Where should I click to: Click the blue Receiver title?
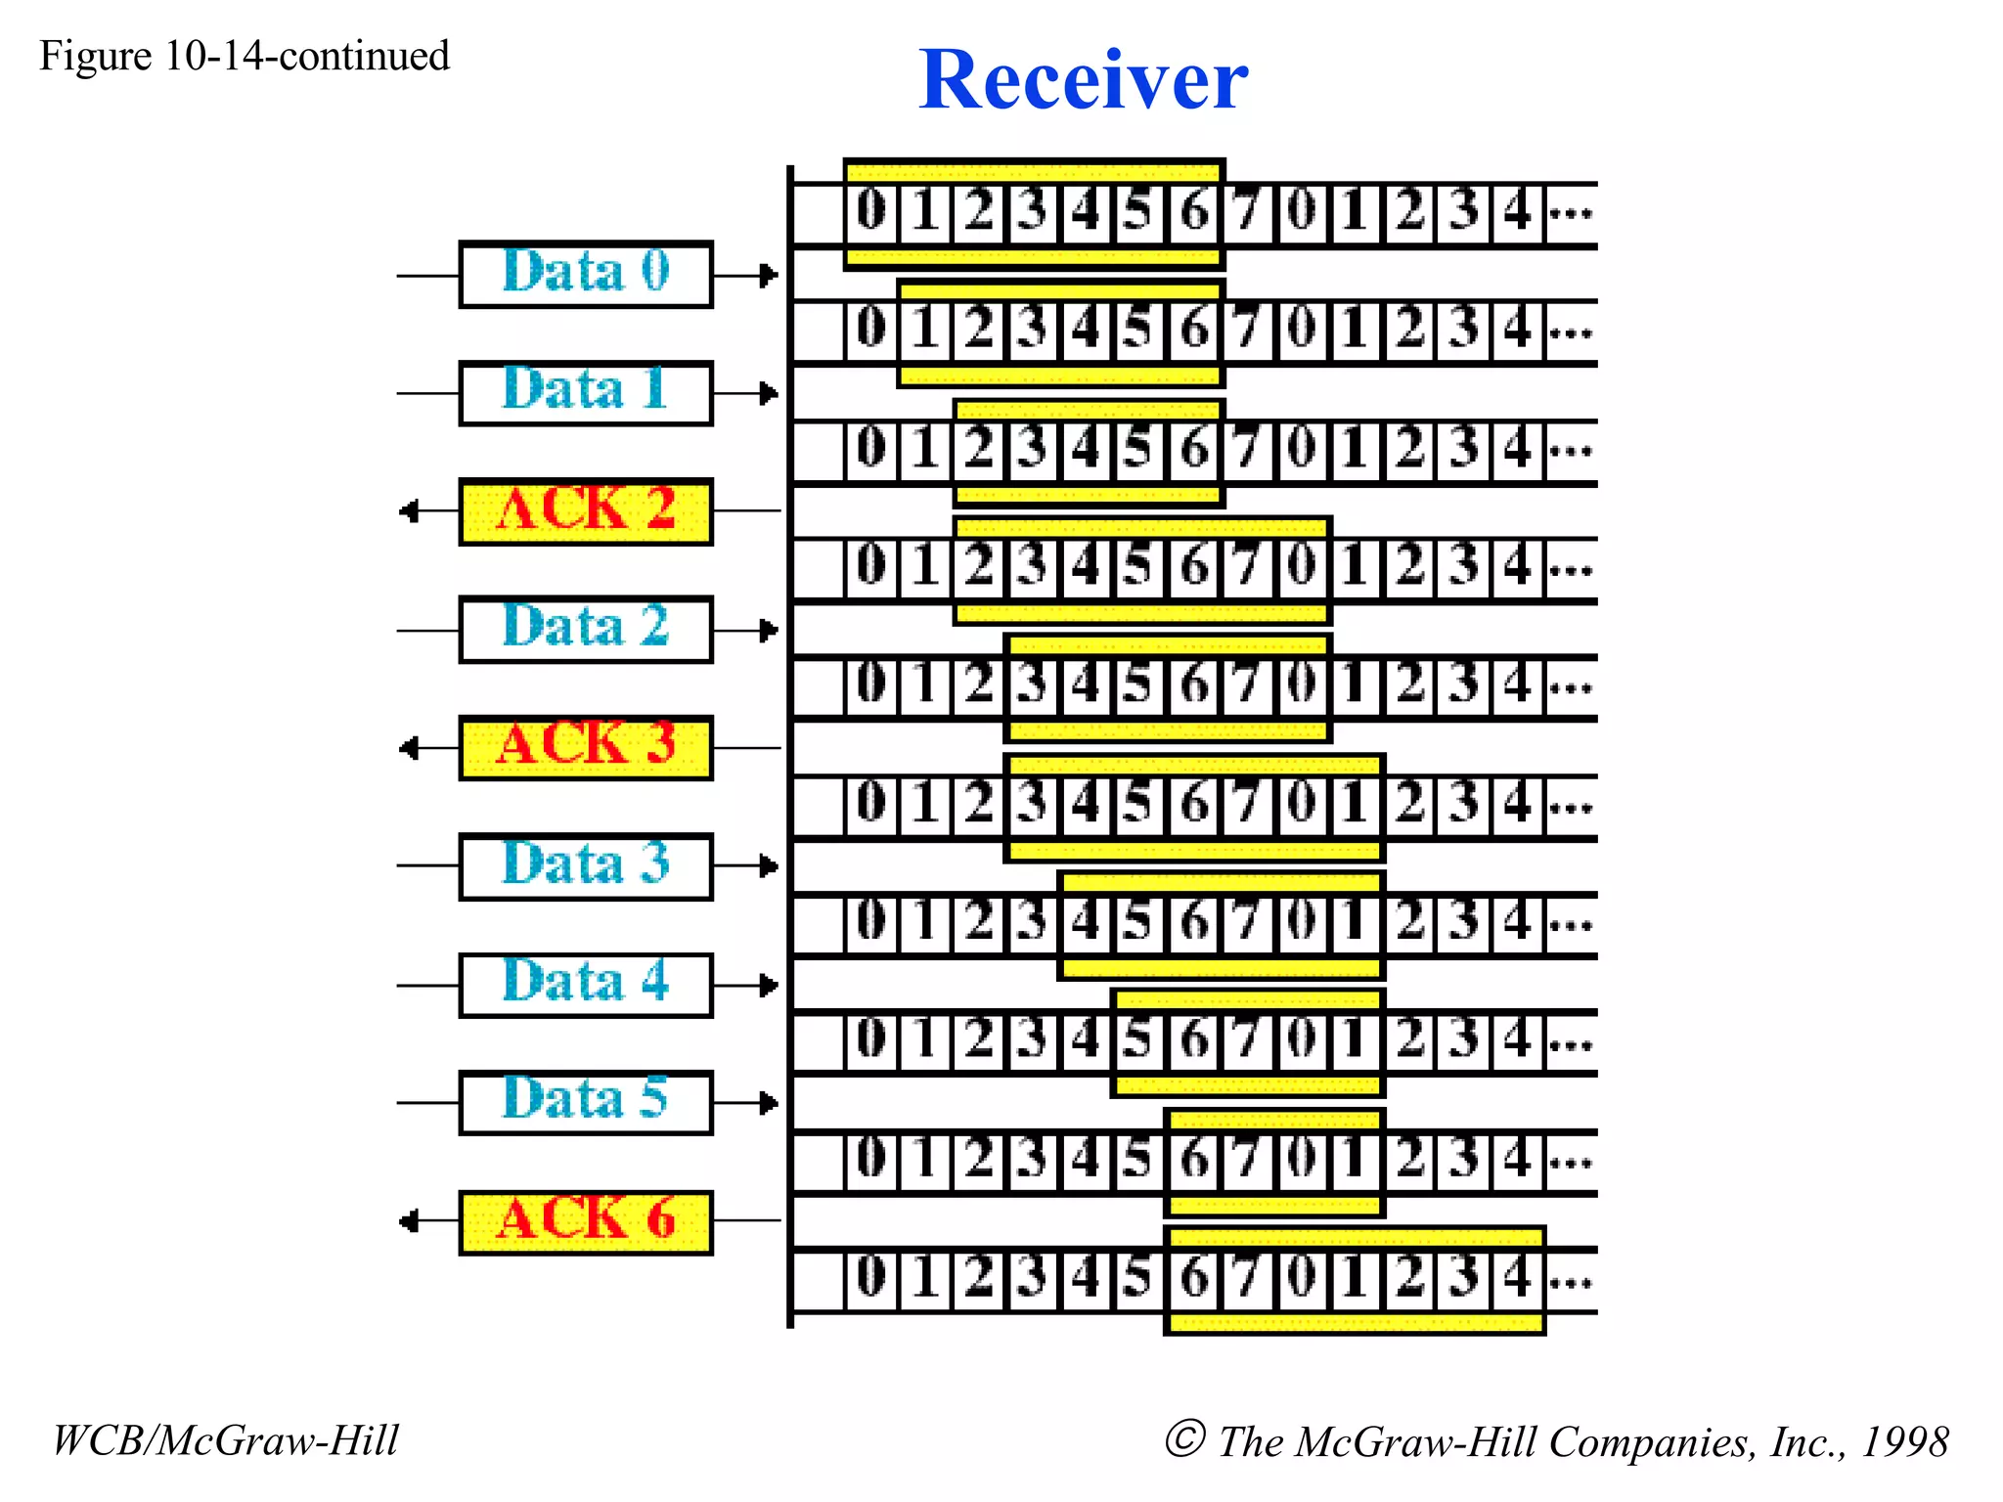(x=1083, y=80)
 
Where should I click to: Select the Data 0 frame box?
(x=586, y=275)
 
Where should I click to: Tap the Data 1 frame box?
(x=586, y=393)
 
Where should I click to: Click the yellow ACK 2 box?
(x=586, y=511)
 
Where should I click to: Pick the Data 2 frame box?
(x=586, y=630)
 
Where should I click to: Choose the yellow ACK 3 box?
(x=586, y=748)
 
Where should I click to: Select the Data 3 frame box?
(x=586, y=866)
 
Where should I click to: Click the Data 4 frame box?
(x=586, y=985)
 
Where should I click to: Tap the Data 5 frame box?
(x=586, y=1103)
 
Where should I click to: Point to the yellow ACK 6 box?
(x=586, y=1221)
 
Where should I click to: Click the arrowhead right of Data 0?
(x=769, y=276)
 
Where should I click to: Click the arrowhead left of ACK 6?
(x=410, y=1221)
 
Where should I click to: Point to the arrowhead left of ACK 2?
(x=410, y=511)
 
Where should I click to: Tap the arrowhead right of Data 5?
(x=769, y=1103)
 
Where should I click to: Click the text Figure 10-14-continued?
(x=245, y=57)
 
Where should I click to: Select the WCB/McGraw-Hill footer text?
(x=226, y=1440)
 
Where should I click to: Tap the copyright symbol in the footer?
(x=1184, y=1438)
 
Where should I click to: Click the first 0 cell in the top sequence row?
(x=870, y=211)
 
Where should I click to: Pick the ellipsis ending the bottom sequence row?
(x=1571, y=1280)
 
